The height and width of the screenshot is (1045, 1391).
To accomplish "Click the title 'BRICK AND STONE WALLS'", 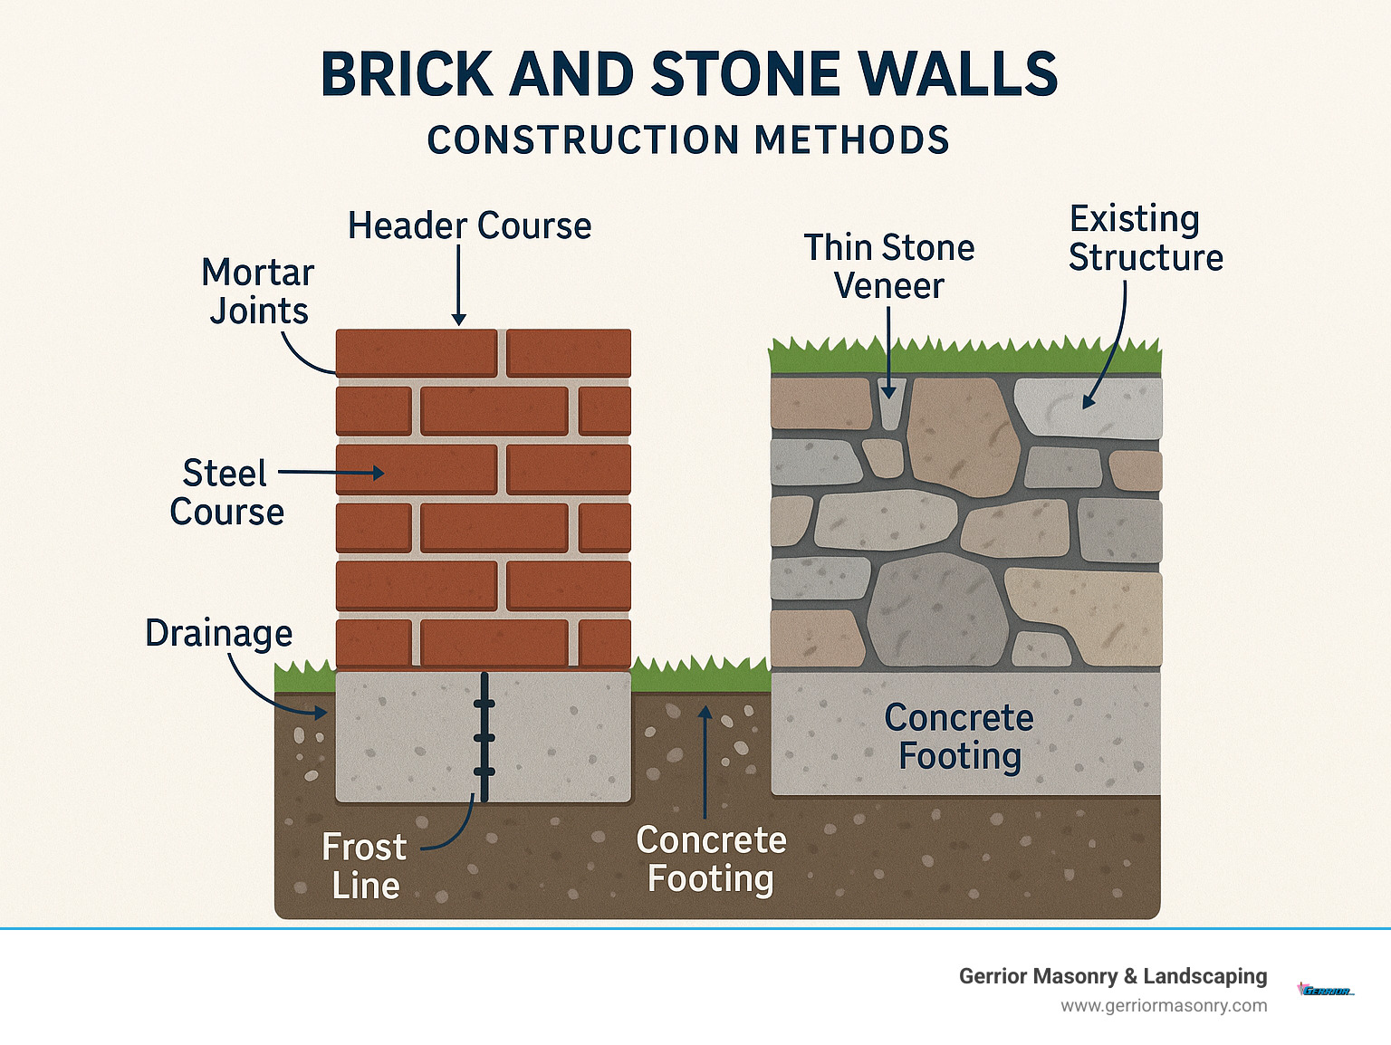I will (x=689, y=74).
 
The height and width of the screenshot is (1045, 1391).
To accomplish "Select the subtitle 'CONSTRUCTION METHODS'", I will (x=688, y=140).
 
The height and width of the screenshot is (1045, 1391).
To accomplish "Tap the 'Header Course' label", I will (x=469, y=225).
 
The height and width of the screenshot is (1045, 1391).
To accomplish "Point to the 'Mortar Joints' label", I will (x=258, y=292).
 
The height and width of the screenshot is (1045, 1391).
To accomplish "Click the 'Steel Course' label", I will (x=226, y=493).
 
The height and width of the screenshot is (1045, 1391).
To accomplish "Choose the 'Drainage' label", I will (x=219, y=633).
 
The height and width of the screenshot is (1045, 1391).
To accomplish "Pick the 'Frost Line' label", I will (x=364, y=867).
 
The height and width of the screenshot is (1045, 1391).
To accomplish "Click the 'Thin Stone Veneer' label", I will (x=889, y=266).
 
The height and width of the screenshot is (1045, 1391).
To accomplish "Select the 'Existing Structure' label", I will (x=1146, y=238).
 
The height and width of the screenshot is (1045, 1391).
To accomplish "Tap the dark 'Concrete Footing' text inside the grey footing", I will (x=960, y=736).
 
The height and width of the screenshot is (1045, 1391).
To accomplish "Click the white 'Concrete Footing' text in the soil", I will (x=711, y=859).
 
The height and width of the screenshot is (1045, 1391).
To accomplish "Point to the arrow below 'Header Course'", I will (x=459, y=285).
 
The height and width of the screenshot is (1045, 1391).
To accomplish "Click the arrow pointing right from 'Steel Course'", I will (x=331, y=473).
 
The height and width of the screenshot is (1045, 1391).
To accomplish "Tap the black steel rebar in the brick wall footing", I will (x=484, y=737).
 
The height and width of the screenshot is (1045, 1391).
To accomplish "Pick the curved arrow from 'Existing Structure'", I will (x=1113, y=353).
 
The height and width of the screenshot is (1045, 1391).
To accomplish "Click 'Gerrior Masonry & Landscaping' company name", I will (x=1113, y=976).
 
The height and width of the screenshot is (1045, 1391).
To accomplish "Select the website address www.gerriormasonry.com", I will (x=1164, y=1005).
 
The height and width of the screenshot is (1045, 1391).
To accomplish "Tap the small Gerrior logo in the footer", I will (x=1326, y=991).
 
